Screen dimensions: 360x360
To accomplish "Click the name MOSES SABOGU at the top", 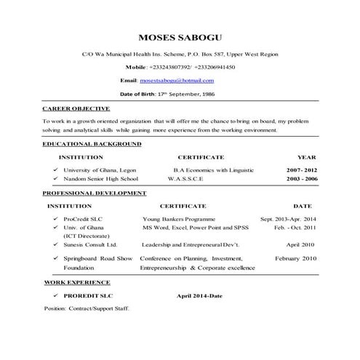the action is pos(180,37).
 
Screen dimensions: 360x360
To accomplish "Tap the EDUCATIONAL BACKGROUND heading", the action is pos(92,144).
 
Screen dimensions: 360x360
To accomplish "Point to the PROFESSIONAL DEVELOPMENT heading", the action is pos(95,193).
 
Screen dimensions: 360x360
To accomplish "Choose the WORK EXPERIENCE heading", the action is pos(77,281).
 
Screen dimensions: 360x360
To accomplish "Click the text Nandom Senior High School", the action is pos(100,178).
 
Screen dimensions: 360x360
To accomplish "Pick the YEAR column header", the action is pos(307,156).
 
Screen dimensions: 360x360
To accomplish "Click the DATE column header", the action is pos(302,206).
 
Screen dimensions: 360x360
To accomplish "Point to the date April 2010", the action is pos(301,244).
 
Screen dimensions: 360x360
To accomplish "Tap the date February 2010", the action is pos(296,258).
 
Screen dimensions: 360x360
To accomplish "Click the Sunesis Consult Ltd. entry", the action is pos(95,244).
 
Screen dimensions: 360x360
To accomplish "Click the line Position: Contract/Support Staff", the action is pos(86,308).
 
